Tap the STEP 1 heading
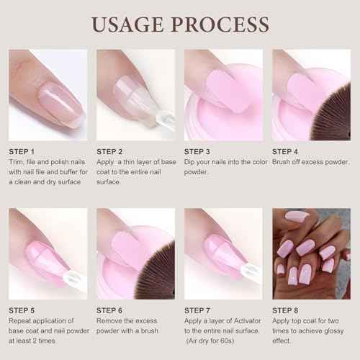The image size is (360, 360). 22,152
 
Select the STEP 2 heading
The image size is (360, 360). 109,152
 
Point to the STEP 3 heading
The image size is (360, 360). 197,152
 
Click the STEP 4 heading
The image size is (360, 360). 285,152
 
